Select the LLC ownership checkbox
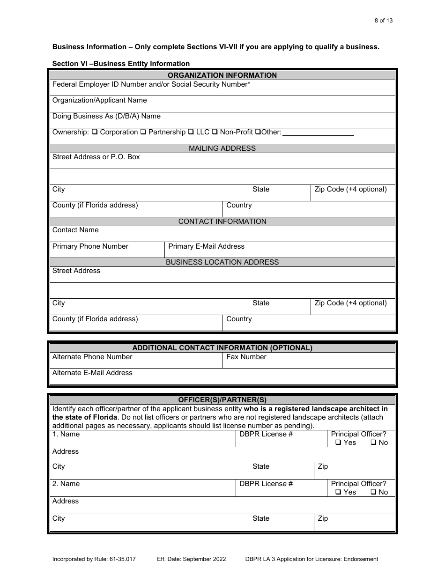[x=191, y=133]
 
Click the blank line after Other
[x=318, y=134]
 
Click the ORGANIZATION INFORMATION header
[x=222, y=75]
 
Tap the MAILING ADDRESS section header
[x=222, y=148]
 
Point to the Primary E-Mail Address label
[x=206, y=246]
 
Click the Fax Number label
[x=246, y=357]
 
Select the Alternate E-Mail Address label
[x=92, y=373]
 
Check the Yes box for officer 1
[x=338, y=443]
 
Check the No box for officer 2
[x=373, y=492]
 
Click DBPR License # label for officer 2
[x=266, y=484]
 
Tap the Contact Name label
[x=75, y=230]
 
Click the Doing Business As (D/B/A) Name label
[x=106, y=116]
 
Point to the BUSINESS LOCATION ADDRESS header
[x=222, y=262]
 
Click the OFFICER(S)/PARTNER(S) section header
[x=222, y=400]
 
